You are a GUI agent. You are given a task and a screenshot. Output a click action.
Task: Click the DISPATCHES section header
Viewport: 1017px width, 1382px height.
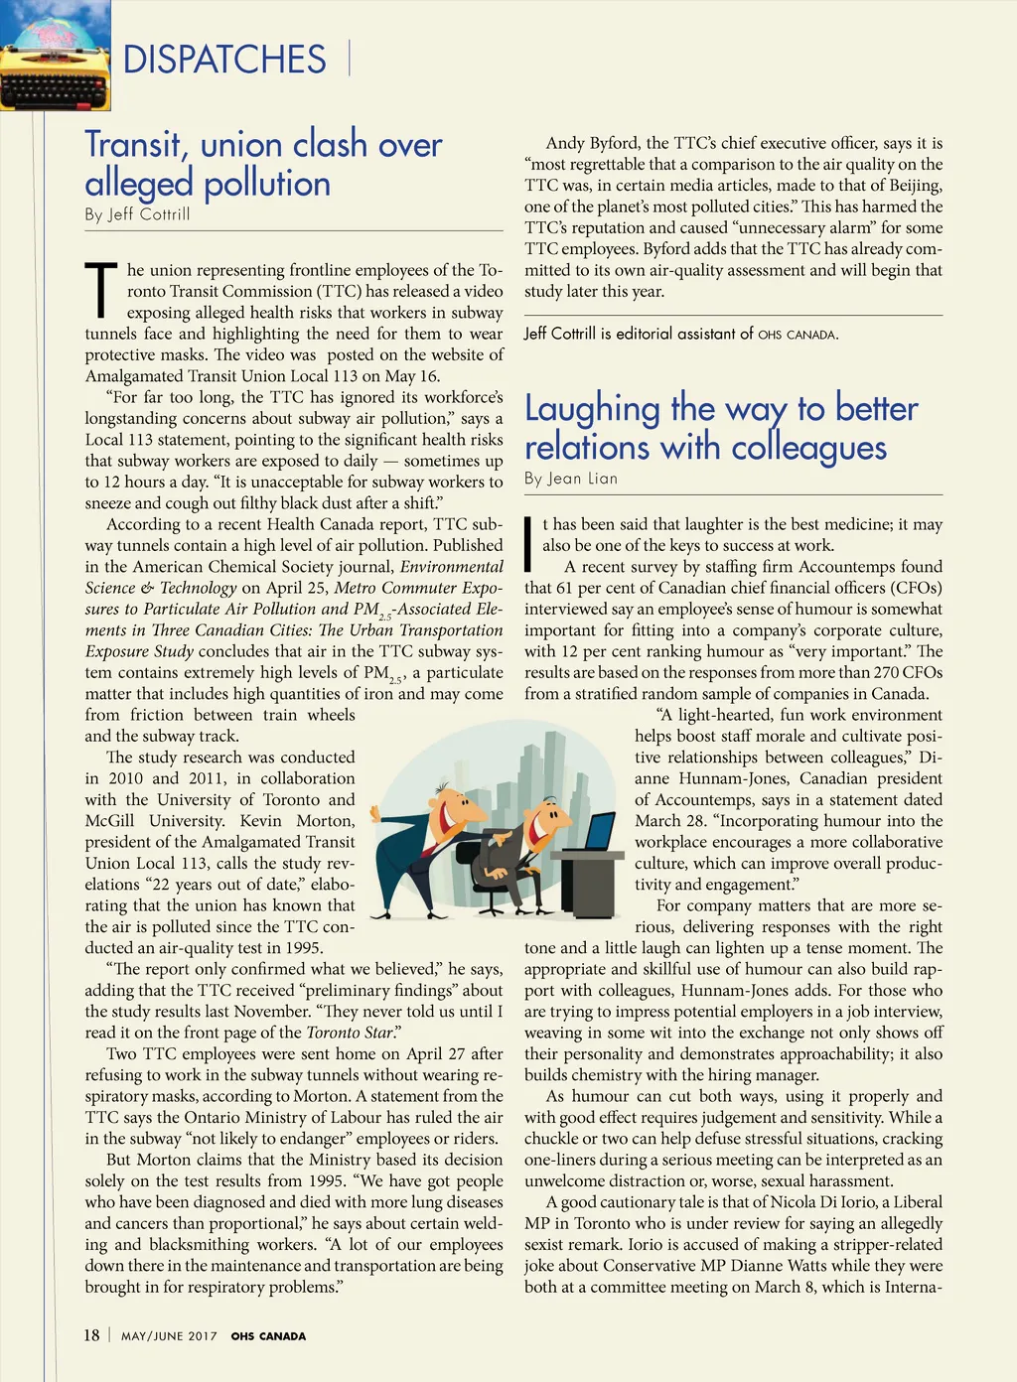224,60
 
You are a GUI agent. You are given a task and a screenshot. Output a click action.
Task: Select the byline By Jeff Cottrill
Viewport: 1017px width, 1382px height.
137,214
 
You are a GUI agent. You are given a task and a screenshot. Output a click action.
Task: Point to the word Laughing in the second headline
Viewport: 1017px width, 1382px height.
592,409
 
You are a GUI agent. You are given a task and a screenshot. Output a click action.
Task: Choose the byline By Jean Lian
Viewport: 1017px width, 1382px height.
571,479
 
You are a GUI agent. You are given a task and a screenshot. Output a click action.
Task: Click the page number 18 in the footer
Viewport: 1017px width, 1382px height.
91,1335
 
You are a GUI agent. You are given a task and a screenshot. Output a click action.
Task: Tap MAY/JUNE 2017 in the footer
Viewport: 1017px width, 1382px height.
169,1336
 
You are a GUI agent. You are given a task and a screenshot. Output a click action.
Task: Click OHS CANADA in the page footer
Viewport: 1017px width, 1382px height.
268,1336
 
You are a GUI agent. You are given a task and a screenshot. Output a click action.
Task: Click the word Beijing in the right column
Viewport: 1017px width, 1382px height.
910,186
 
